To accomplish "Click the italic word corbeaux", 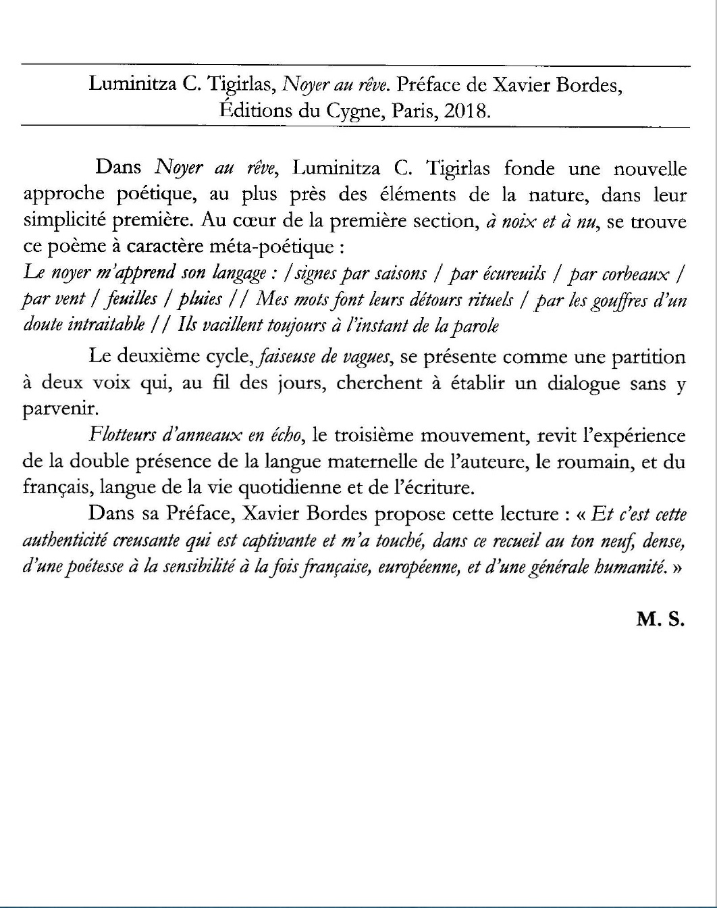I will tap(635, 274).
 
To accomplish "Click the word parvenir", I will tap(61, 409).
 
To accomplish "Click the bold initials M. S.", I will tap(660, 619).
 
